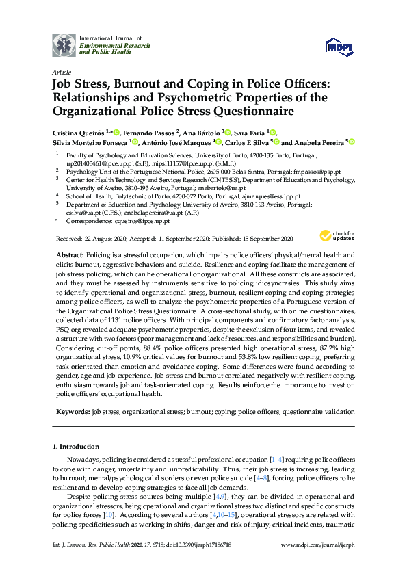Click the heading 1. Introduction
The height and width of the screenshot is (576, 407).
77,446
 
